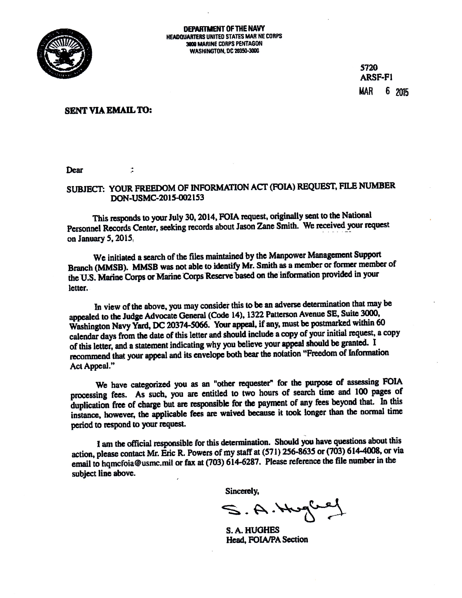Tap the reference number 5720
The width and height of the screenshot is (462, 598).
[369, 67]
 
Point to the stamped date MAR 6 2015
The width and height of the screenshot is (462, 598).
[384, 92]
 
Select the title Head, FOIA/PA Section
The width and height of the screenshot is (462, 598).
[267, 539]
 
